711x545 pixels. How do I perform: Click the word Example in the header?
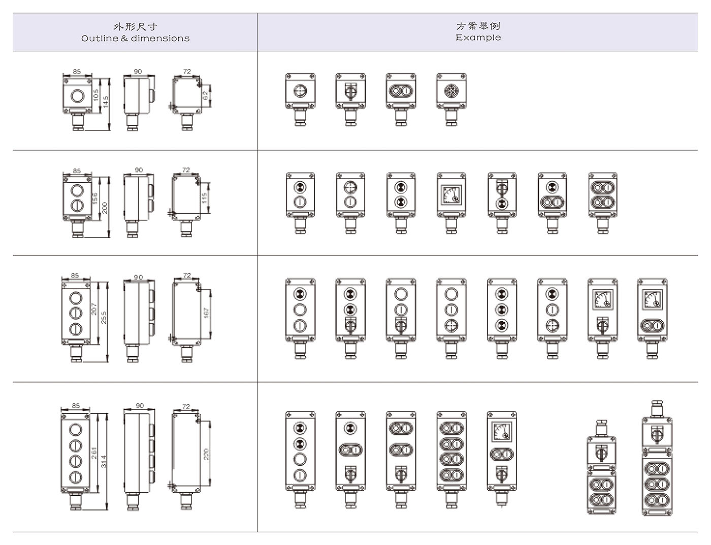point(478,38)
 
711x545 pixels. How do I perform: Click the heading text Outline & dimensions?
point(135,39)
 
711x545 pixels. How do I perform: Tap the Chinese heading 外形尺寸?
point(135,26)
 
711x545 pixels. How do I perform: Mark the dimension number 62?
point(206,95)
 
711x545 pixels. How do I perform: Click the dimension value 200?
point(105,208)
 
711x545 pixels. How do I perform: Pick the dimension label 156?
point(95,198)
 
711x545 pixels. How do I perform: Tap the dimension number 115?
point(205,197)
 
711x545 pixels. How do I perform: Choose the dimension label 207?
point(94,309)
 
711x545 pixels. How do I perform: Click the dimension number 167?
point(206,313)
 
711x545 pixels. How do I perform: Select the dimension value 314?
point(104,461)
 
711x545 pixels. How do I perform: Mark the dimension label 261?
point(94,453)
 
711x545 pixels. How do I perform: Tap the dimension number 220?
point(206,454)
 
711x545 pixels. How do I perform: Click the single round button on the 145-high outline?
point(77,95)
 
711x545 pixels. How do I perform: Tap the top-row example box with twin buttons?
point(401,91)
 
